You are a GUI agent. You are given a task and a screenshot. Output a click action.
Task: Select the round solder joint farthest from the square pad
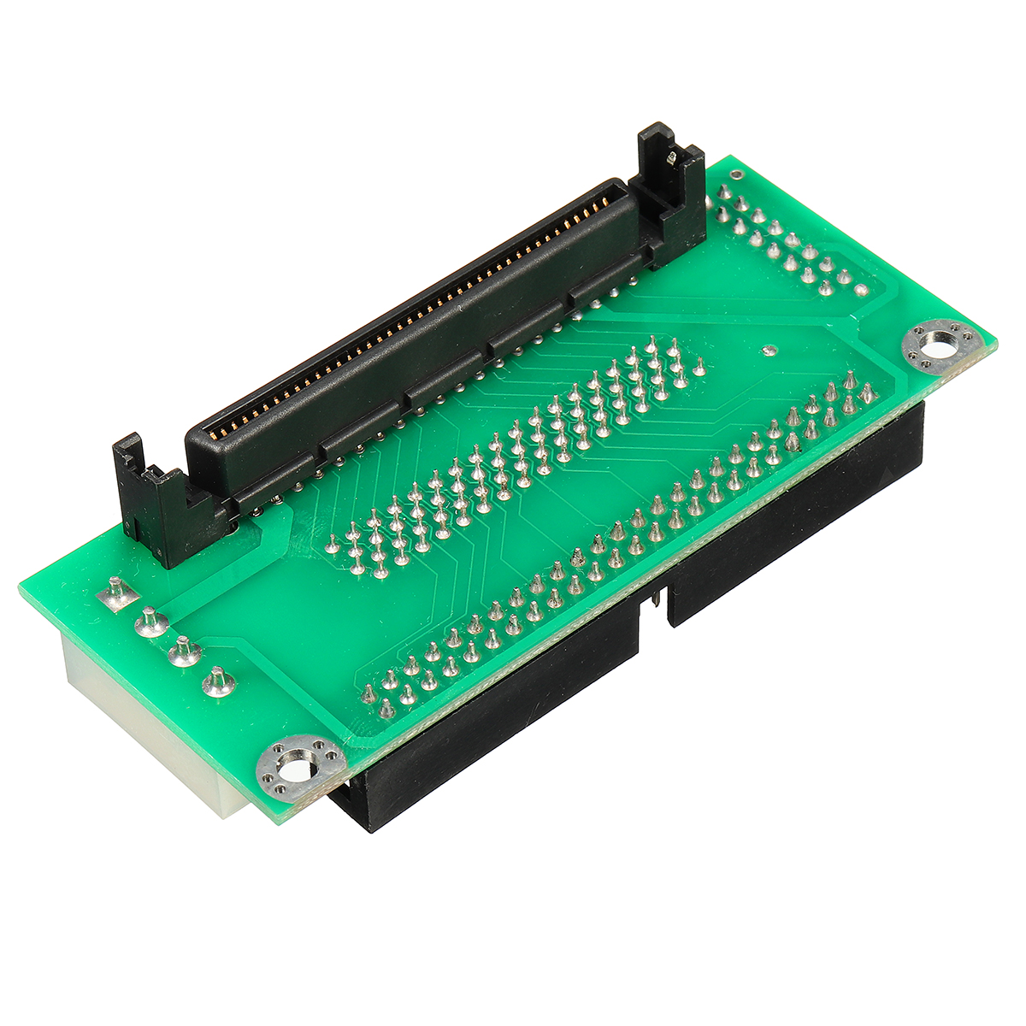(217, 682)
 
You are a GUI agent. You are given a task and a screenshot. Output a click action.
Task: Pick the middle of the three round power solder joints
(184, 652)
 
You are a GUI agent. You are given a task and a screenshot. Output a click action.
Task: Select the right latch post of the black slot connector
(672, 188)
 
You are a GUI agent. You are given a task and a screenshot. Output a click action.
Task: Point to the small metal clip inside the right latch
(672, 157)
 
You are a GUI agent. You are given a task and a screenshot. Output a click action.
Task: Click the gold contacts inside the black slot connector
(410, 325)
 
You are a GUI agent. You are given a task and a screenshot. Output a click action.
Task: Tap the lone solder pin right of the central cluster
(699, 369)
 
